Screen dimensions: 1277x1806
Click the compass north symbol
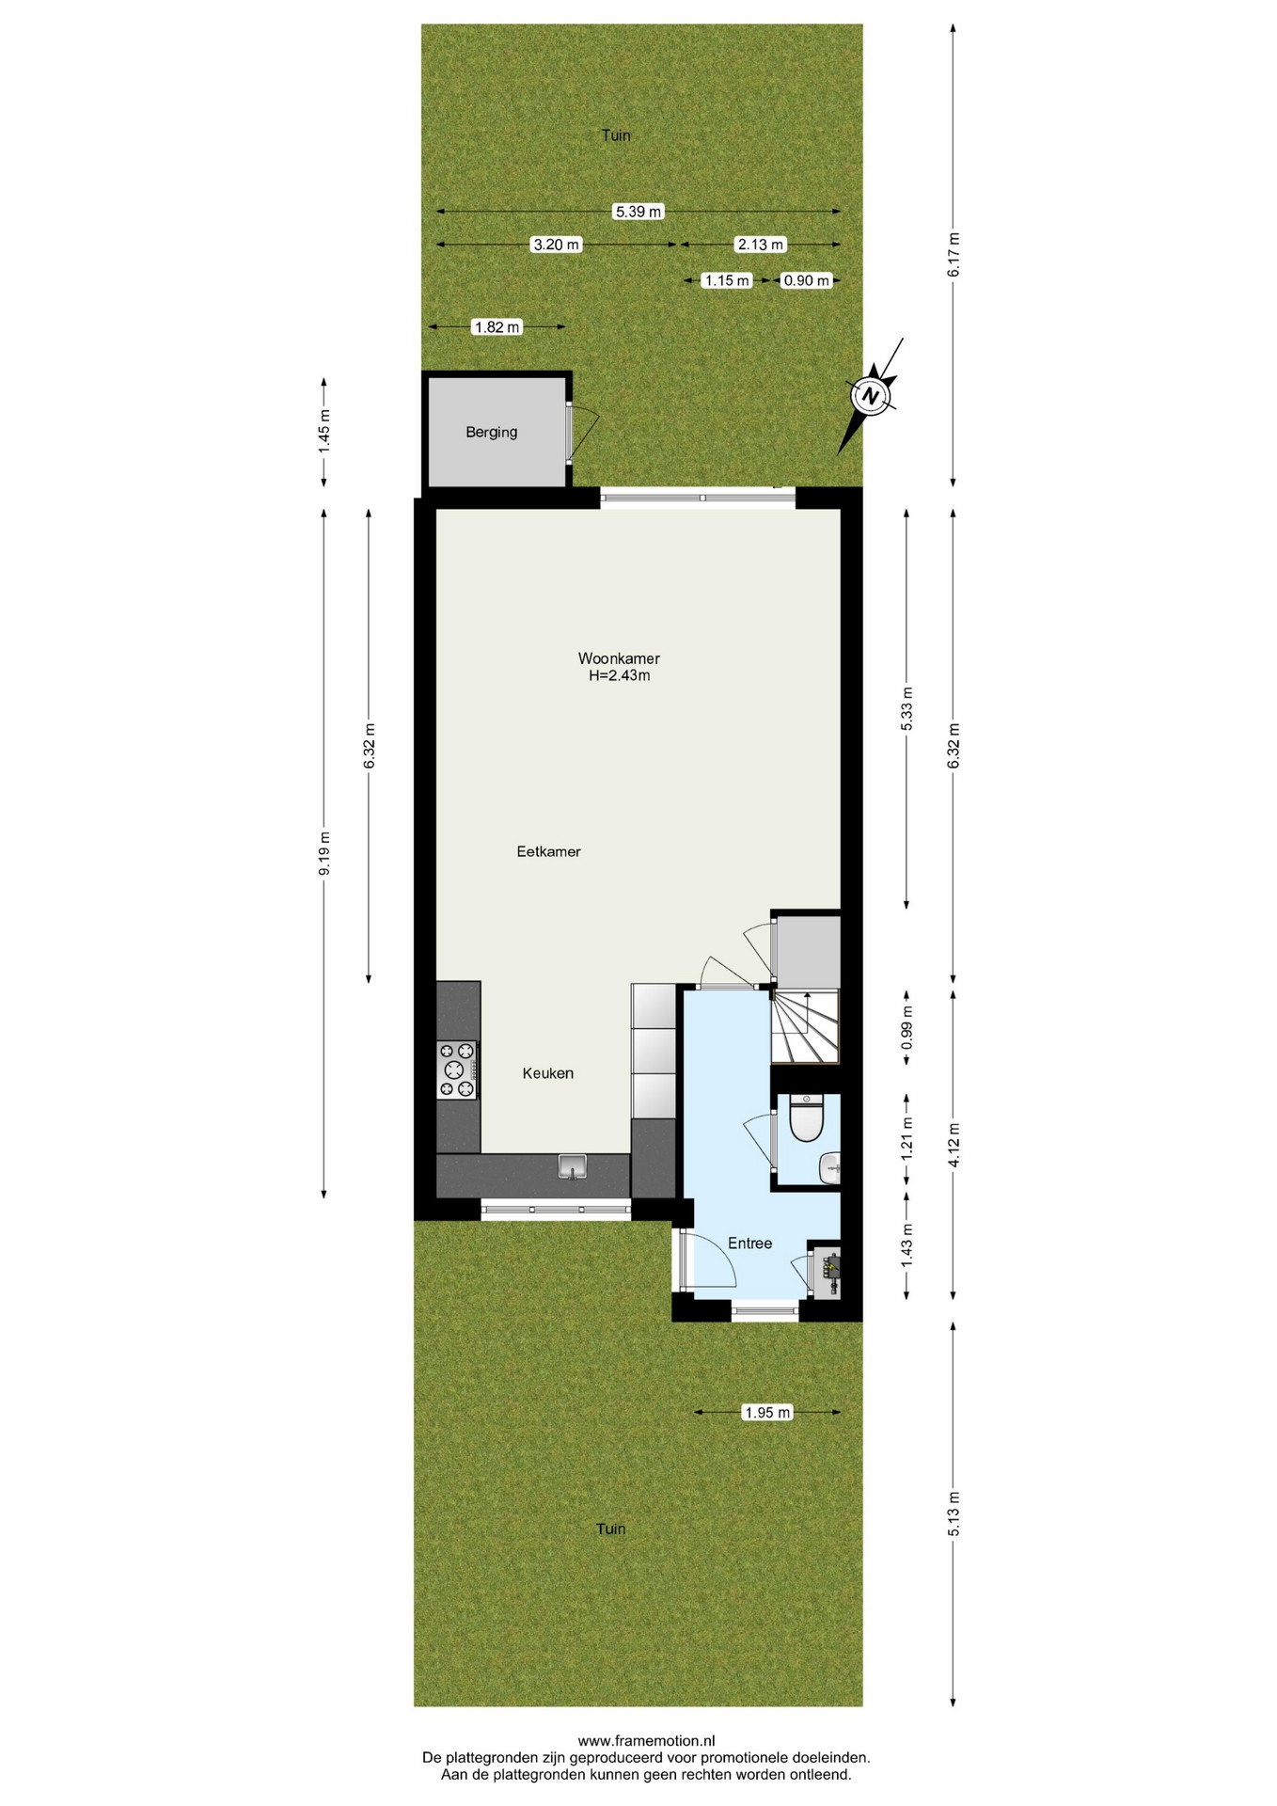(x=872, y=395)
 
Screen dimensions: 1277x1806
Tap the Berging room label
(x=492, y=433)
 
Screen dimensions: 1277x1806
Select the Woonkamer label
(x=619, y=658)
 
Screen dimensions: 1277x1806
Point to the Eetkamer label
(x=549, y=852)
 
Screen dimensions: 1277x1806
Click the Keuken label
(x=548, y=1073)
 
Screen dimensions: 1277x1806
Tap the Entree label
(x=750, y=1244)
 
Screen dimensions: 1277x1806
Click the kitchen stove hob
(x=457, y=1069)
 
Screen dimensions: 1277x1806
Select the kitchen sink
(x=572, y=1167)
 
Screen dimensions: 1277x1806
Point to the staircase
(x=805, y=1026)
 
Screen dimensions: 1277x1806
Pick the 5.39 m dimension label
(x=639, y=212)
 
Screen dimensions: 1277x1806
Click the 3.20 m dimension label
(x=557, y=245)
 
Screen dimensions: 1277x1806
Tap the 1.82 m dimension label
(x=497, y=327)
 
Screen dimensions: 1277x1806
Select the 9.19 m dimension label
(x=324, y=853)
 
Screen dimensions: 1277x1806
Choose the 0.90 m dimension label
(x=807, y=280)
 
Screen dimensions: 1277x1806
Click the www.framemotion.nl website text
(x=639, y=1741)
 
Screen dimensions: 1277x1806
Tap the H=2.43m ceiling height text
(x=619, y=675)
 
